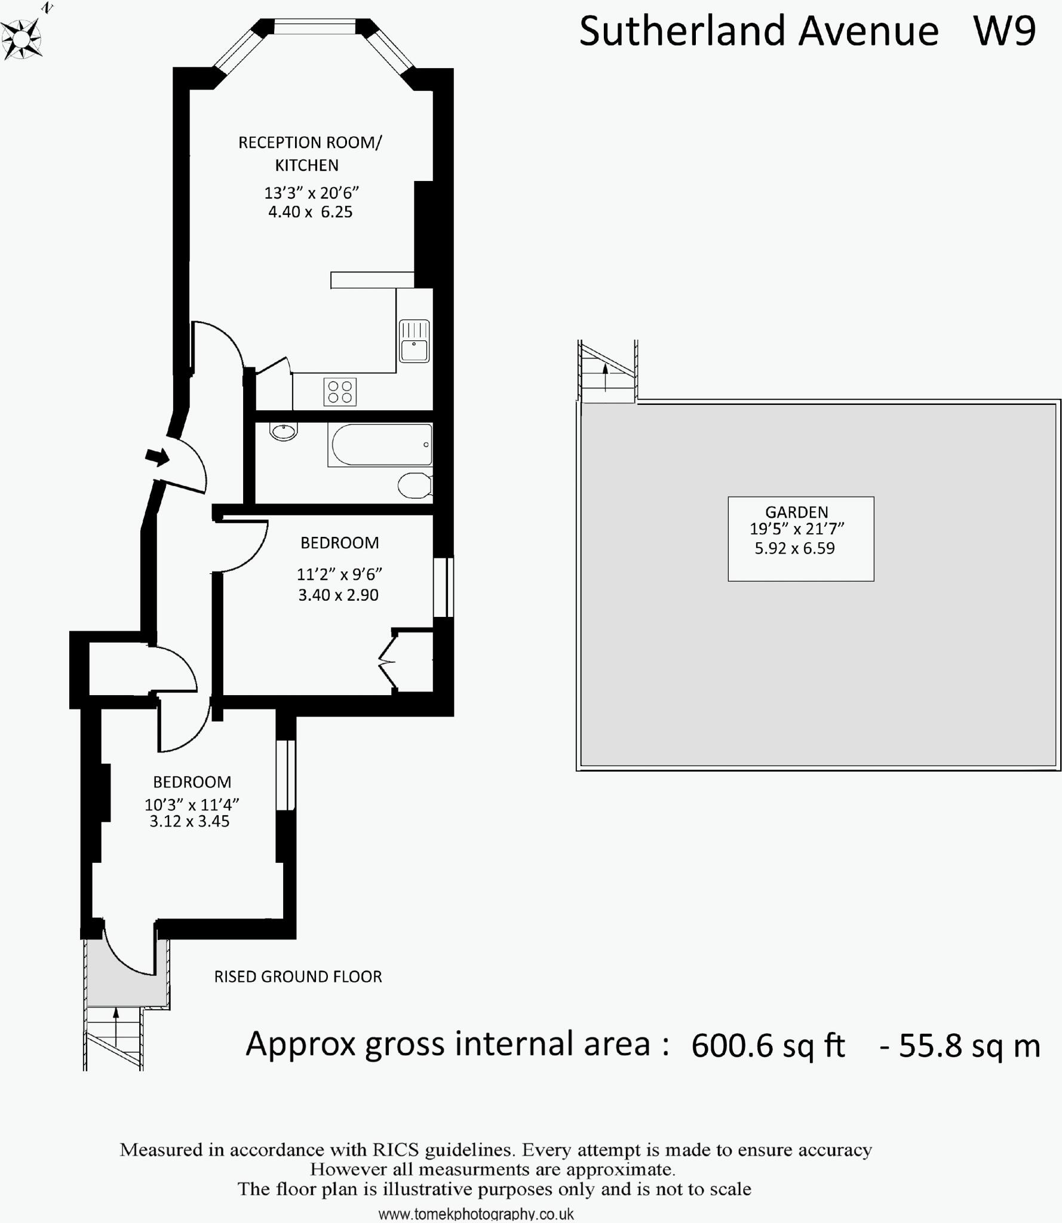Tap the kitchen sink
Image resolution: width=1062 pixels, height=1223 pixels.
pyautogui.click(x=414, y=342)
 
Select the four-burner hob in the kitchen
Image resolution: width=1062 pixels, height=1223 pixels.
pyautogui.click(x=340, y=392)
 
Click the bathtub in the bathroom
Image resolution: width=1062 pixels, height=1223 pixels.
pyautogui.click(x=380, y=445)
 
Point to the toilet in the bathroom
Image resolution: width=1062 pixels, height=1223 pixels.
pyautogui.click(x=415, y=485)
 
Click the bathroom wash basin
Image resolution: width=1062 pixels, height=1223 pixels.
pyautogui.click(x=283, y=431)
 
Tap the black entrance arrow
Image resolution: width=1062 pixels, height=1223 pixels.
pyautogui.click(x=158, y=457)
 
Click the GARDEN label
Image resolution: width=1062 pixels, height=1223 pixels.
pyautogui.click(x=796, y=512)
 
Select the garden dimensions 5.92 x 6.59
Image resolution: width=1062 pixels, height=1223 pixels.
pyautogui.click(x=794, y=548)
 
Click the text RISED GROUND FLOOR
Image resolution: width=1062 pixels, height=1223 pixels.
pyautogui.click(x=298, y=976)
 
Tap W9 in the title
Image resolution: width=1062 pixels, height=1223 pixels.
pyautogui.click(x=1005, y=31)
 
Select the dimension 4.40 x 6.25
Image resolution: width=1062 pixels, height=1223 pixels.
pyautogui.click(x=310, y=212)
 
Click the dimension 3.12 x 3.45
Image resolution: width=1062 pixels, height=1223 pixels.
pyautogui.click(x=189, y=821)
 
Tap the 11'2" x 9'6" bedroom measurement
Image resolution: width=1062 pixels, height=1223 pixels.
pyautogui.click(x=339, y=574)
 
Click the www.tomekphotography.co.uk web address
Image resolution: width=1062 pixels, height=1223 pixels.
pyautogui.click(x=476, y=1214)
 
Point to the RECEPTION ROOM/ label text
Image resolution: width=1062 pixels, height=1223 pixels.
pyautogui.click(x=310, y=143)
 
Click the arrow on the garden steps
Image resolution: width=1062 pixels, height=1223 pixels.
pyautogui.click(x=605, y=376)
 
